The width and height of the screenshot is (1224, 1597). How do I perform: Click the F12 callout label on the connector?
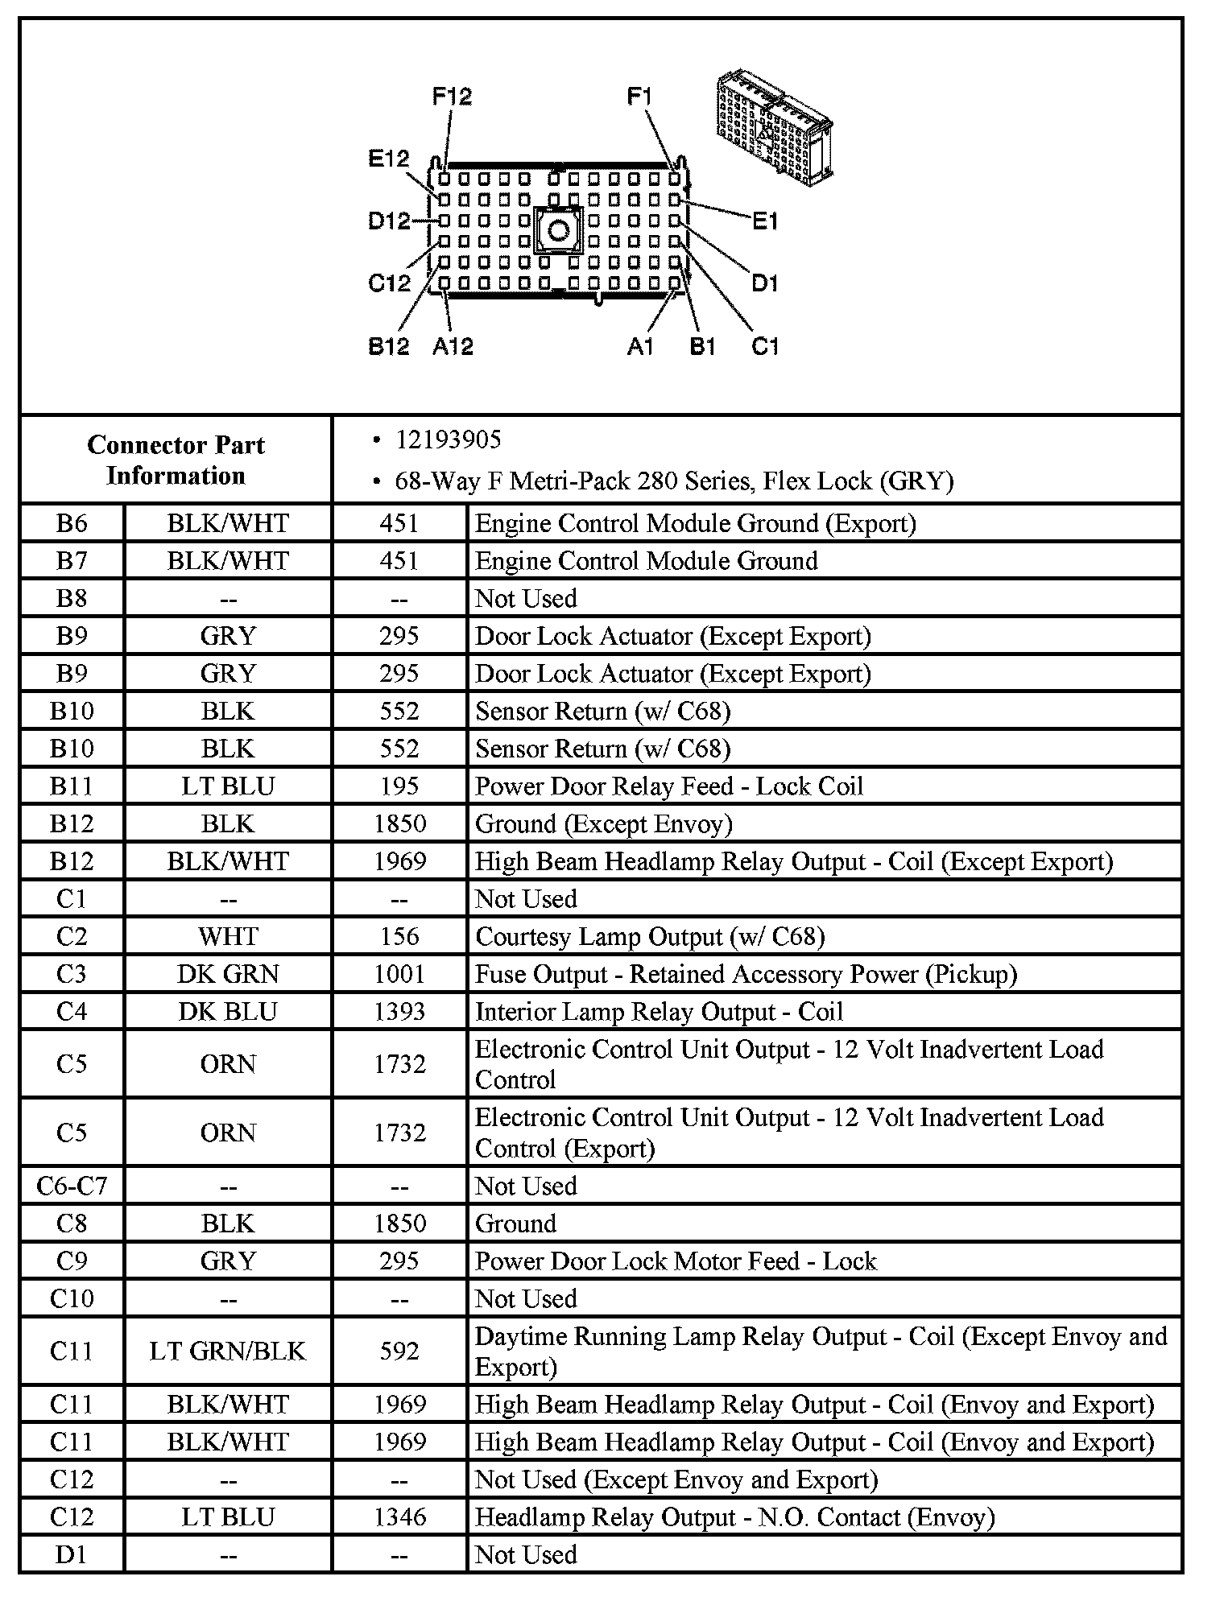tap(452, 97)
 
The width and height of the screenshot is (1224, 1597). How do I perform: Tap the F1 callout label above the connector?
tap(639, 97)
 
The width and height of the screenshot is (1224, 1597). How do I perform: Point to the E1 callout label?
tap(765, 221)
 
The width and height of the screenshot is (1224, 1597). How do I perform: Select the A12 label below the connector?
tap(453, 346)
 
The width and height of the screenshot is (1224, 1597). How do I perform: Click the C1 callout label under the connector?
tap(765, 346)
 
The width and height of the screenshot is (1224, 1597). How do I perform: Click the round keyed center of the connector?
tap(557, 232)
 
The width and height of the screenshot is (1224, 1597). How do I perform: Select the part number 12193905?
tap(448, 439)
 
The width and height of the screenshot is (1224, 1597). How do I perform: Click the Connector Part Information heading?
tap(176, 460)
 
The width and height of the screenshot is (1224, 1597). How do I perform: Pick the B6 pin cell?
tap(72, 523)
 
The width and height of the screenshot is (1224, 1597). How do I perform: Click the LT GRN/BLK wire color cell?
tap(228, 1351)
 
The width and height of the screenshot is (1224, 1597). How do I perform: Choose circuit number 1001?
tap(399, 974)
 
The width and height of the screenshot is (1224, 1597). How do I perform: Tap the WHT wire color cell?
tap(228, 936)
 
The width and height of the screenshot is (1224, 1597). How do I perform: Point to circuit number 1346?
tap(399, 1517)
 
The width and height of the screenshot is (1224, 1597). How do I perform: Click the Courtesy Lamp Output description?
tap(650, 936)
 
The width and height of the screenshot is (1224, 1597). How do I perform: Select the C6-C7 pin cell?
tap(72, 1186)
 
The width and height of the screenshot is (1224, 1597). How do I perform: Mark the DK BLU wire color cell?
tap(228, 1011)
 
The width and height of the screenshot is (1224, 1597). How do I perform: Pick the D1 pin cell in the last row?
tap(72, 1554)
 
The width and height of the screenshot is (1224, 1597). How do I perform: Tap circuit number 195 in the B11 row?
tap(399, 786)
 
